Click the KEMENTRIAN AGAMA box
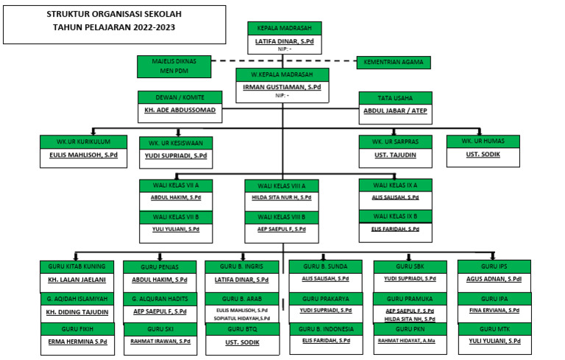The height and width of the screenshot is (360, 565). coord(394,63)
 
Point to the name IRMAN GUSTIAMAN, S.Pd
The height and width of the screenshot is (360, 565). coord(282,87)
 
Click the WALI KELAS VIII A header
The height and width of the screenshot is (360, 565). coord(282,186)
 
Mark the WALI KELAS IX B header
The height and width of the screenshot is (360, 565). coord(395,216)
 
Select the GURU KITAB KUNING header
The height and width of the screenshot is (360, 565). coord(77,266)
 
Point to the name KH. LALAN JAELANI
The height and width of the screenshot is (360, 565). coord(77,280)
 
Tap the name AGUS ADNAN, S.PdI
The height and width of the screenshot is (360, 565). coord(494,280)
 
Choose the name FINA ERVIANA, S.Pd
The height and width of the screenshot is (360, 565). coord(494,311)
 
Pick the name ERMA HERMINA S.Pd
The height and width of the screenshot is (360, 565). coord(77,342)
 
